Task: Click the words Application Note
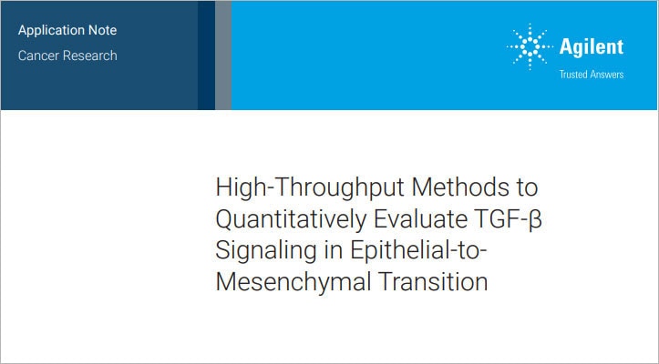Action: coord(67,30)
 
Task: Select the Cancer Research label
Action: coord(67,55)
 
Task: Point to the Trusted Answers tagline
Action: coord(592,75)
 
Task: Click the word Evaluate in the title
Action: coord(427,220)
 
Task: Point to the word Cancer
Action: coord(39,55)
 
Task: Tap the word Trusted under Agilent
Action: coord(573,75)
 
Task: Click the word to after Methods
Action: coord(526,189)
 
